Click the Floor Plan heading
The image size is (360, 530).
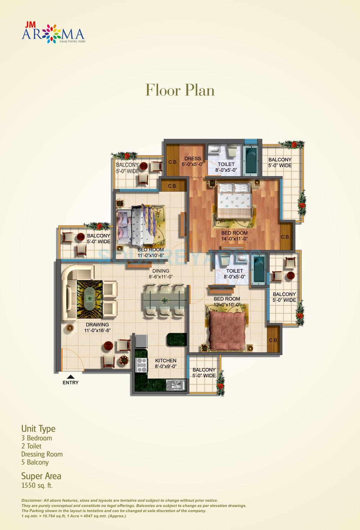(x=180, y=90)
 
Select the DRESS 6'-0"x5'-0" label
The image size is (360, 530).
(x=193, y=161)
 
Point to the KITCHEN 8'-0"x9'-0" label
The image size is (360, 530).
(x=166, y=363)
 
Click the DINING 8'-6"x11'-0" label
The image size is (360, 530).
(x=161, y=274)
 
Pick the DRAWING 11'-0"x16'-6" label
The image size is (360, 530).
(x=97, y=328)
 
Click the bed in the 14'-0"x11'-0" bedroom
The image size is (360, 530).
(x=233, y=200)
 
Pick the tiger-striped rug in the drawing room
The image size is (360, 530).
(x=88, y=299)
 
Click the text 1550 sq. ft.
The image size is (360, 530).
(x=37, y=485)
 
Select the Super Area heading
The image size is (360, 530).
(x=41, y=476)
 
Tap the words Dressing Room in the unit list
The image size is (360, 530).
(x=42, y=454)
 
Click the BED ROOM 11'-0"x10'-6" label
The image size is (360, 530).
(x=150, y=252)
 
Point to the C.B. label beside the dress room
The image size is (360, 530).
(x=173, y=162)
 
